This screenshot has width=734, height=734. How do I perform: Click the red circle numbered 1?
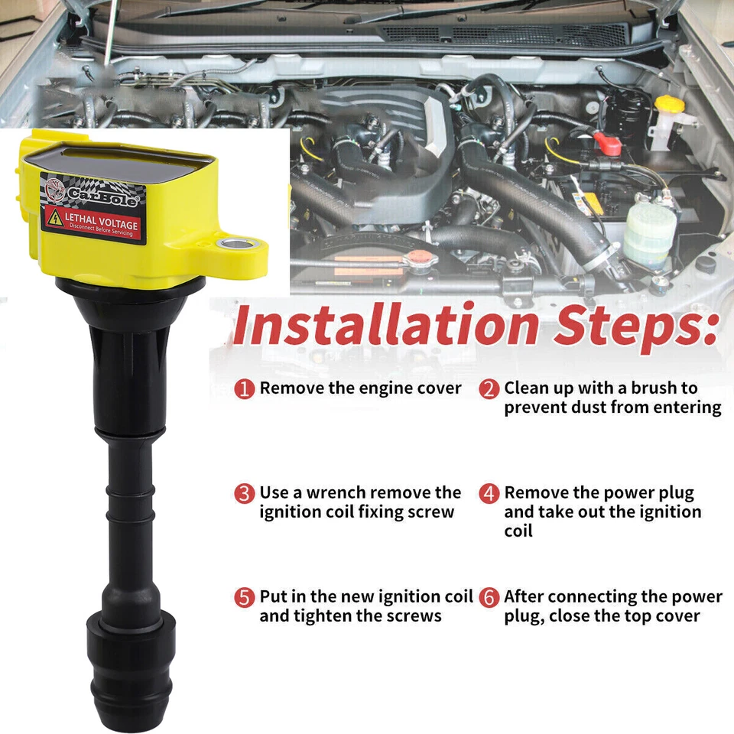pos(244,389)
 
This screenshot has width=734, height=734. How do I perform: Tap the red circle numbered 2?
pos(489,389)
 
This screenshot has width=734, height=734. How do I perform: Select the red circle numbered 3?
pos(244,493)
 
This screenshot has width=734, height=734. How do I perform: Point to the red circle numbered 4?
pos(489,493)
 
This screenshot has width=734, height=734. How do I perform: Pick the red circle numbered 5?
pos(244,597)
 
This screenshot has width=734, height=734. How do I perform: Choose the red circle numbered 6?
pos(489,597)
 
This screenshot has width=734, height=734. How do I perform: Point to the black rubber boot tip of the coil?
pos(129,688)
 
